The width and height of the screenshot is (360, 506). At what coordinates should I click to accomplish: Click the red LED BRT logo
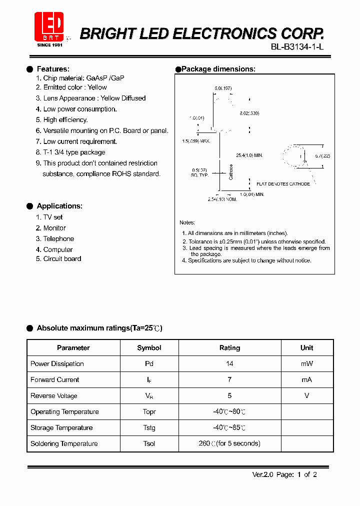tap(48, 28)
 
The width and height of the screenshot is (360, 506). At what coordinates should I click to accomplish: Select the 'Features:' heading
tap(53, 69)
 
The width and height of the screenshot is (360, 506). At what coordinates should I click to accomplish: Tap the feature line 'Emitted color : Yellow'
tap(75, 87)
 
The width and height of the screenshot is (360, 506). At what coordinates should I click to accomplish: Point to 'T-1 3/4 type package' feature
tap(74, 152)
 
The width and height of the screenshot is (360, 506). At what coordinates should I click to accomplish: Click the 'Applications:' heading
tap(59, 206)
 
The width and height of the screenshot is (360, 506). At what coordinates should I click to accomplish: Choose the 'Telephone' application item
tap(58, 239)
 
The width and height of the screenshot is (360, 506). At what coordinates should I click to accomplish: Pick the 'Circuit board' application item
tap(62, 259)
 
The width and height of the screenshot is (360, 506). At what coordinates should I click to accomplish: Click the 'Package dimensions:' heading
tap(218, 69)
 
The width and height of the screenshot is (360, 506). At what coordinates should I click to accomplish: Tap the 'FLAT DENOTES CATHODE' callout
tap(283, 184)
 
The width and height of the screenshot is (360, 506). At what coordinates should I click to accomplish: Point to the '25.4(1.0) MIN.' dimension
tap(249, 155)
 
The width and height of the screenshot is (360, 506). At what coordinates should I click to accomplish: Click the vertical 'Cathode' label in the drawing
tap(231, 172)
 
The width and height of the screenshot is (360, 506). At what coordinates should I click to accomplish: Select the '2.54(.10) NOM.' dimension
tap(222, 199)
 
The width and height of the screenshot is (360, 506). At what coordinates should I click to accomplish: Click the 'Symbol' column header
tap(149, 348)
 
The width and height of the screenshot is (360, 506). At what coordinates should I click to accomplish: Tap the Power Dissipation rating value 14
tap(229, 364)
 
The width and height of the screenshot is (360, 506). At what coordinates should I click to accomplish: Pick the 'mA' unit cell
tap(306, 380)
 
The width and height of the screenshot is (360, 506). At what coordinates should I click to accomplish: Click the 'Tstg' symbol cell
tap(149, 428)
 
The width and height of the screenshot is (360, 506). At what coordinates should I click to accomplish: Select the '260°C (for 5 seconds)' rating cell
tap(229, 444)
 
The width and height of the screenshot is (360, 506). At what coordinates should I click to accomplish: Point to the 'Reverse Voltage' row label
tap(54, 396)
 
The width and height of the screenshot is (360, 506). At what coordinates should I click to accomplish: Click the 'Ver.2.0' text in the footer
tap(261, 475)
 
